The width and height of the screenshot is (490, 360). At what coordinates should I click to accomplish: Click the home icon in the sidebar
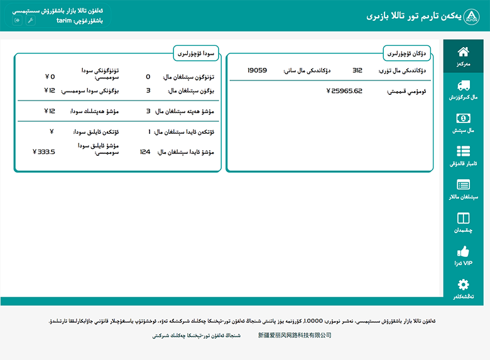coord(463,52)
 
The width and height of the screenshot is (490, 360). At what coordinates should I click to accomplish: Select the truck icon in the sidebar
coord(463,86)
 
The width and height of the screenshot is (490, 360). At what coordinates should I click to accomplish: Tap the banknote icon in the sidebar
coord(463,118)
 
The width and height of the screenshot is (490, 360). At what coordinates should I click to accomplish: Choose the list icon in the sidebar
coord(463,151)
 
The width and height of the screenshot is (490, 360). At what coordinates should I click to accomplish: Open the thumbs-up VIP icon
coord(463,251)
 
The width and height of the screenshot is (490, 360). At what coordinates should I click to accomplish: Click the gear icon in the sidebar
coord(463,284)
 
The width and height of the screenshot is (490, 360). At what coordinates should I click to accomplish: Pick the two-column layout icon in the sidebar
coord(463,218)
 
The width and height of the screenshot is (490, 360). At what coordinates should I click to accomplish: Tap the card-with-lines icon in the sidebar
coord(463,185)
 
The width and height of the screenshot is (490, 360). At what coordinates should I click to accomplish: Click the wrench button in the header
coord(30,20)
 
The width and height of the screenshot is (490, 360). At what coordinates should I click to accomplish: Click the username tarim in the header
coord(64,21)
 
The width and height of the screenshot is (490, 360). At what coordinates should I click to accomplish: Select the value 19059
coord(257,70)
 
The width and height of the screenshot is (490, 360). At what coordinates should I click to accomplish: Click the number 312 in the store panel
coord(357,70)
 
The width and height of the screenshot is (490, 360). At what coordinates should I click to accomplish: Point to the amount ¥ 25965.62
coord(344,90)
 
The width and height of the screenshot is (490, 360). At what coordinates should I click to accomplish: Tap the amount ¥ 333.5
coord(44,151)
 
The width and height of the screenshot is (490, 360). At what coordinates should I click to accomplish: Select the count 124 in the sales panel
coord(145,151)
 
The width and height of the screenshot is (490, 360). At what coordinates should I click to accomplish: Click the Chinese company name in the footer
coord(295,335)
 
